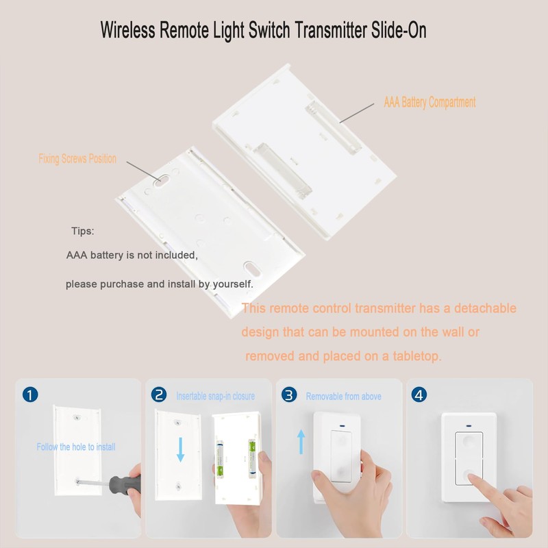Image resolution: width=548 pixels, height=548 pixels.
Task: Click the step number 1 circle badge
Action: pos(30,395)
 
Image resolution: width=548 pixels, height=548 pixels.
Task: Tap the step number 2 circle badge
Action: pos(159,395)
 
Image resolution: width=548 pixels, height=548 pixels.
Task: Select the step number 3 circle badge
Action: pos(290,395)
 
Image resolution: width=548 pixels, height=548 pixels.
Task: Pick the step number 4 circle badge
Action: pos(419,395)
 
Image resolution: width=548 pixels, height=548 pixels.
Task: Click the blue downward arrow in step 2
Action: pos(180,450)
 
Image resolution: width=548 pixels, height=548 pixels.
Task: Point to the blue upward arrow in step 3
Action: pos(301,441)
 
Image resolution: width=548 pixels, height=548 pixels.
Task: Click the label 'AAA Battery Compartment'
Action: pos(429,103)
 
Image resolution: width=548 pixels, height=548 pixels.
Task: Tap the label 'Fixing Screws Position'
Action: pos(77,159)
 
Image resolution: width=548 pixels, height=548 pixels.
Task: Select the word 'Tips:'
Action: pos(83,231)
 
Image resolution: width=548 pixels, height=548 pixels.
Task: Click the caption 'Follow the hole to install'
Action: pos(76,447)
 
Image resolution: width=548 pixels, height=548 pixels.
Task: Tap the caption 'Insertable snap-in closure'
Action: pos(215,396)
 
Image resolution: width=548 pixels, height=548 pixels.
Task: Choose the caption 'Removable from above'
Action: pos(343,396)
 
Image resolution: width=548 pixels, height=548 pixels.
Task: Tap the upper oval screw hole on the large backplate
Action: pos(159,183)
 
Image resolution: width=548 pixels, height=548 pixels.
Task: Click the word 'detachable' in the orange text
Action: pos(479,309)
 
